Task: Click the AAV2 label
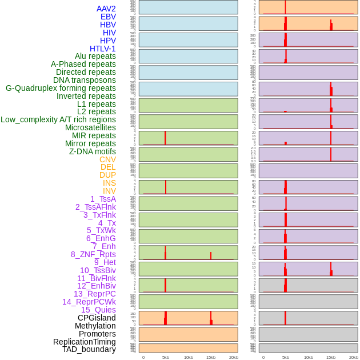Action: point(106,9)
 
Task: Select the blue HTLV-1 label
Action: point(102,49)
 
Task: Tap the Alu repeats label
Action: point(95,56)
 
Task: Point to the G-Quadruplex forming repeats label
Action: point(61,88)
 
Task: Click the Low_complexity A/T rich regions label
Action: point(58,119)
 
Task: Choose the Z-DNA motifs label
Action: point(93,151)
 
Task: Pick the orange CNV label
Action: point(107,159)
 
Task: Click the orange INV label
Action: point(109,191)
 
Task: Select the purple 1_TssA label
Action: point(103,199)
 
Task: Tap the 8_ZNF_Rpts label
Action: point(93,254)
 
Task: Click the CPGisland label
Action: point(97,318)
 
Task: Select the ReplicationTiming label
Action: point(85,342)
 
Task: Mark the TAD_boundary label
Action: point(89,349)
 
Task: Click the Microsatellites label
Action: point(90,127)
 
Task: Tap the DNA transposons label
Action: point(85,80)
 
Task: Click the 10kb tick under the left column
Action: point(188,357)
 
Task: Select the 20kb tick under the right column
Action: point(353,357)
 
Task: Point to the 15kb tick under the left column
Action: point(210,357)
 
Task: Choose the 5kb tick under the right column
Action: point(285,357)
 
